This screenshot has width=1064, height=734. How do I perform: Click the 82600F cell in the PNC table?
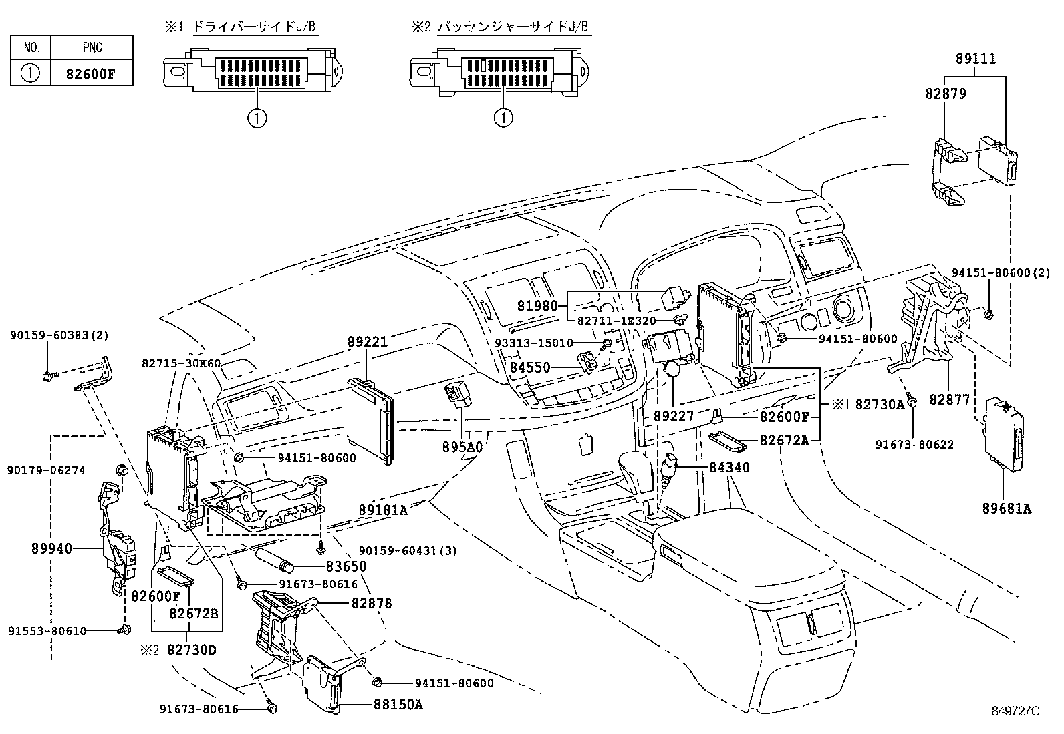[90, 73]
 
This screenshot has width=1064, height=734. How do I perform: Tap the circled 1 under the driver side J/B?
[257, 118]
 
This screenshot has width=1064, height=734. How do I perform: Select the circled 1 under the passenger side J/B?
[503, 118]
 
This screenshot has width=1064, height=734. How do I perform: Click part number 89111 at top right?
[975, 59]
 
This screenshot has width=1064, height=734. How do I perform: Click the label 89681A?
[1007, 508]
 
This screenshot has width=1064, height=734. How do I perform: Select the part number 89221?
[367, 341]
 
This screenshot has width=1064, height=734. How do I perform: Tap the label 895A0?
[462, 447]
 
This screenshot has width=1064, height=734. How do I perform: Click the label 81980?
[537, 306]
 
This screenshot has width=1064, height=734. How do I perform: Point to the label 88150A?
[399, 704]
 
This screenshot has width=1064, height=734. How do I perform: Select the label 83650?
[346, 566]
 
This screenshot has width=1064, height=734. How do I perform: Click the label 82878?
[372, 603]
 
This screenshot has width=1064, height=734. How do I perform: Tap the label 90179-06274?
[47, 470]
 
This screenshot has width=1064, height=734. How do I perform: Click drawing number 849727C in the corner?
[1015, 711]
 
